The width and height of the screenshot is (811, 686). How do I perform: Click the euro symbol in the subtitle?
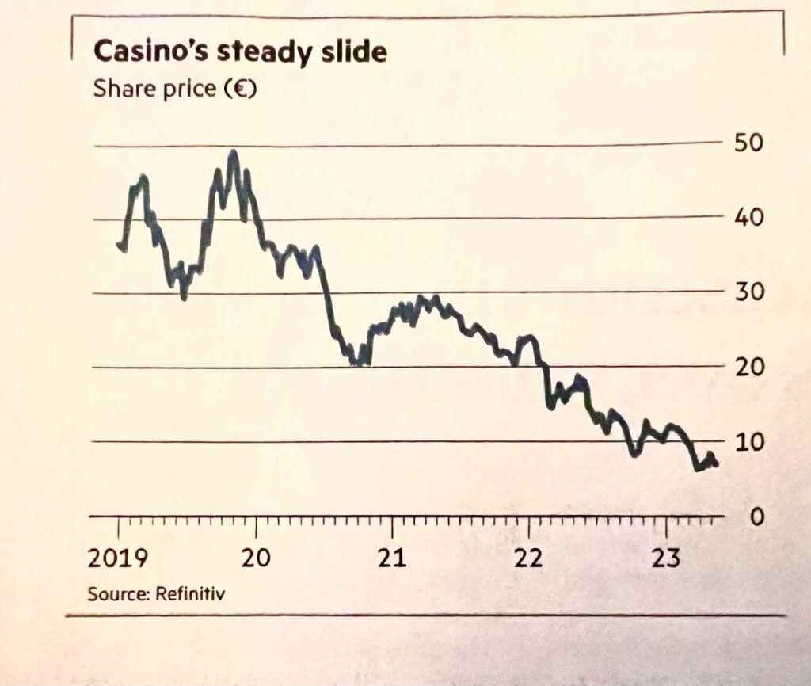pyautogui.click(x=238, y=88)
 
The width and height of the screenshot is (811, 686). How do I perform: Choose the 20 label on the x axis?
pyautogui.click(x=256, y=558)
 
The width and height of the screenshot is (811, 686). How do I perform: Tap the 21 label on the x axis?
pyautogui.click(x=392, y=558)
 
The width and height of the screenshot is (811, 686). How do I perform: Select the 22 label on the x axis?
pyautogui.click(x=528, y=558)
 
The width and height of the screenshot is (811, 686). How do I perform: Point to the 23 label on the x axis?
pyautogui.click(x=666, y=558)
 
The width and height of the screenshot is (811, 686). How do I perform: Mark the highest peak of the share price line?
pyautogui.click(x=232, y=152)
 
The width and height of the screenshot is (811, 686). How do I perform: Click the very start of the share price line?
pyautogui.click(x=118, y=245)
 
